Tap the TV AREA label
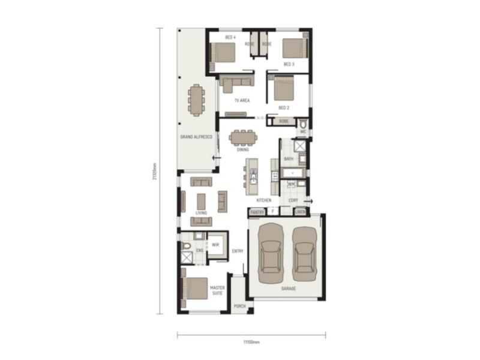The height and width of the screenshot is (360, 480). click(x=242, y=101)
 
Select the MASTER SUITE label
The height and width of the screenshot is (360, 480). click(x=218, y=290)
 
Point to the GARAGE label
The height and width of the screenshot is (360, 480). click(x=287, y=289)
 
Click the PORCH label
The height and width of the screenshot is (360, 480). click(x=240, y=306)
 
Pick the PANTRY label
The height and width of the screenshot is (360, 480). click(x=257, y=211)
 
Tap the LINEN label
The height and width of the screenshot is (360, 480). click(x=300, y=211)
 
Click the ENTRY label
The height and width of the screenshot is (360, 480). click(x=238, y=251)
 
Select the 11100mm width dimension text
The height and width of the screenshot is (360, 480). click(x=251, y=343)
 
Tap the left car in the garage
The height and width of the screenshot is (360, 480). click(x=271, y=253)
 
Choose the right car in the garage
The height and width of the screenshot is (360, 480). click(x=304, y=253)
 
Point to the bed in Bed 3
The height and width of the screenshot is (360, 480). click(x=295, y=48)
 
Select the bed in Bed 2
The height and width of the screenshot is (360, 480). click(x=283, y=89)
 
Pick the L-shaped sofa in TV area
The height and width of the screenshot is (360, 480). click(x=234, y=83)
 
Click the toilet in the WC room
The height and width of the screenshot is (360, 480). click(x=303, y=125)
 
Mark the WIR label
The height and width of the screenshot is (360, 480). click(x=214, y=245)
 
